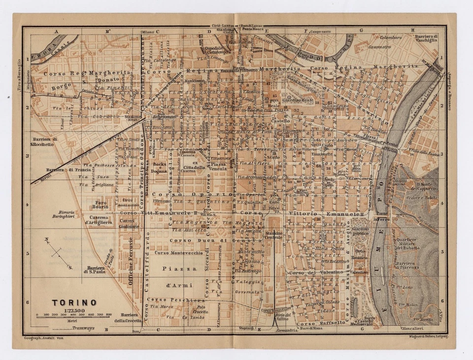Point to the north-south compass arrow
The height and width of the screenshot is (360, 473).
click(x=57, y=253)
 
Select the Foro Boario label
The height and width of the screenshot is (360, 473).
click(x=101, y=204)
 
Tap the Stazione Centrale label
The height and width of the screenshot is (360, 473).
click(x=274, y=235)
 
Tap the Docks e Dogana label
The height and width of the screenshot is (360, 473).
click(x=160, y=167)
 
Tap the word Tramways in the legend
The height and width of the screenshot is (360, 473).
click(x=83, y=328)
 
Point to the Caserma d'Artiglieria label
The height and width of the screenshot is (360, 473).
click(x=99, y=220)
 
